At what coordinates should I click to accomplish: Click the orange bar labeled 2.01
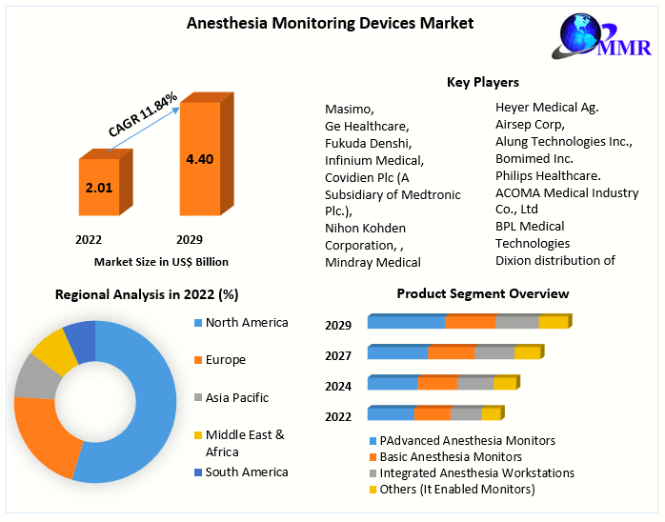(99, 189)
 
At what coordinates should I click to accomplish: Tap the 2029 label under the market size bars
(189, 239)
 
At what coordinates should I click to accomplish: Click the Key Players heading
(482, 83)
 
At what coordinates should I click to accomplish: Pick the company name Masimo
(350, 109)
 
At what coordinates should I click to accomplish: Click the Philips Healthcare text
(548, 176)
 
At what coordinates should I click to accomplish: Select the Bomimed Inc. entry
(534, 159)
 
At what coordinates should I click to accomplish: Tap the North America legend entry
(246, 323)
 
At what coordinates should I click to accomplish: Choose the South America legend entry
(246, 472)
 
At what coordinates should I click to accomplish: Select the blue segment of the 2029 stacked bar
(407, 322)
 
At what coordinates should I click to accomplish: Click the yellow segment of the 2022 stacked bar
(491, 413)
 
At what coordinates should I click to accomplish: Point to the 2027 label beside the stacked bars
(338, 355)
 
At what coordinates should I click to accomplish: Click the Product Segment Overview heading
(482, 293)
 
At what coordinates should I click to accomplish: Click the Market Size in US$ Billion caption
(161, 262)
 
